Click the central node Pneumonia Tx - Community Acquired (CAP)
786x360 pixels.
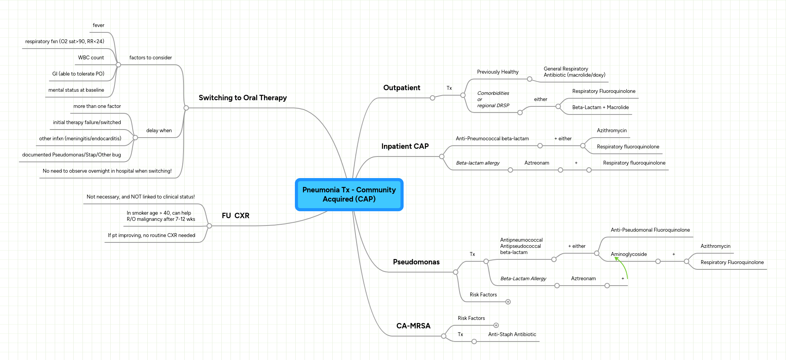[x=349, y=195]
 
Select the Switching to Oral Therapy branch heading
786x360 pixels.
[x=242, y=98]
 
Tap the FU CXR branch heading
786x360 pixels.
[x=236, y=216]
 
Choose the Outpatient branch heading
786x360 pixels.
[x=402, y=88]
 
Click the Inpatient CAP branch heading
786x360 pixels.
[x=405, y=146]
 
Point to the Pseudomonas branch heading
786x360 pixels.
[x=416, y=262]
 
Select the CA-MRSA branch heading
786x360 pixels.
[x=413, y=326]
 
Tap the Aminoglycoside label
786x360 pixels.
[x=629, y=254]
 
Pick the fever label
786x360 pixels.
[x=98, y=25]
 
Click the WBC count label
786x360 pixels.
[x=91, y=58]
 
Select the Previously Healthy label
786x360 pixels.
[x=498, y=72]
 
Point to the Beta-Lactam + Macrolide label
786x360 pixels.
[x=600, y=108]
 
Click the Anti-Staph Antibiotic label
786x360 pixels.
[x=512, y=335]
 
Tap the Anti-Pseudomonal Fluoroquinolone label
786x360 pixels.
[x=650, y=230]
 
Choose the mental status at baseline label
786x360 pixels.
[x=76, y=90]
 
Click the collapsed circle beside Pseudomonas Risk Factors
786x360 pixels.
[x=508, y=302]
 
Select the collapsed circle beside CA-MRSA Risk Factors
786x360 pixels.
[x=496, y=325]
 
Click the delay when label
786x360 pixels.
[x=159, y=131]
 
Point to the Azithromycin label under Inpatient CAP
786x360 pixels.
[x=612, y=131]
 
